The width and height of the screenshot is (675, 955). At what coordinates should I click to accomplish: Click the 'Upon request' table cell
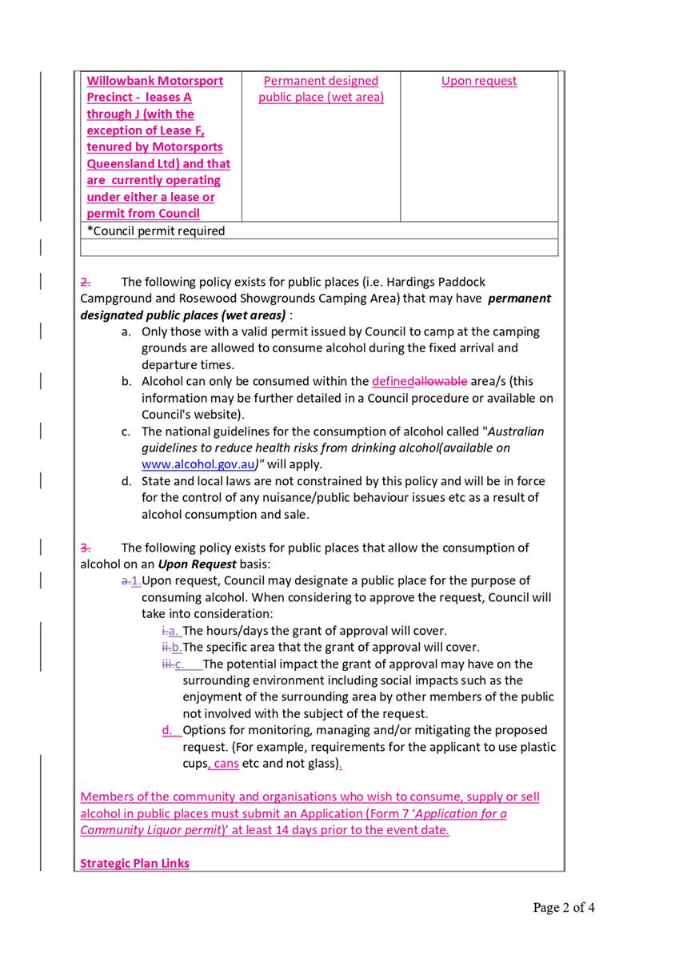click(478, 81)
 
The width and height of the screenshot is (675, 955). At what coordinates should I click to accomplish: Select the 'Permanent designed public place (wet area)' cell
click(321, 89)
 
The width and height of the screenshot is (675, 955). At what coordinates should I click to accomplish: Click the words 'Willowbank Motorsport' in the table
click(154, 81)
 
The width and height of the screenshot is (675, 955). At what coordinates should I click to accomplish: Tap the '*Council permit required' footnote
click(156, 231)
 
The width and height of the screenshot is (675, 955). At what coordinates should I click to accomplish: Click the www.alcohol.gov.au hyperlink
click(198, 464)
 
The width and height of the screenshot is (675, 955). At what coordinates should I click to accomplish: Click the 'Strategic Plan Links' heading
click(134, 863)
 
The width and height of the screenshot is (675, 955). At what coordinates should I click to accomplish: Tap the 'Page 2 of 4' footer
click(563, 907)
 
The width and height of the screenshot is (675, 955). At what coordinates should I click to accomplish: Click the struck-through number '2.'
click(86, 282)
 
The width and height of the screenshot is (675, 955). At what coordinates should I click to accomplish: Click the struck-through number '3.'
click(86, 548)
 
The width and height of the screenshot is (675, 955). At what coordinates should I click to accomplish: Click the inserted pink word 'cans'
click(226, 764)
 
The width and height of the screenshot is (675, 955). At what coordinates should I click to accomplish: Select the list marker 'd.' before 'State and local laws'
click(126, 481)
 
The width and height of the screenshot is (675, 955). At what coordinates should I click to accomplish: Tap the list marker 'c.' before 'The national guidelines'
click(126, 431)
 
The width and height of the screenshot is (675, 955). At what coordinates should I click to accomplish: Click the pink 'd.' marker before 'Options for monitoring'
click(167, 730)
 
